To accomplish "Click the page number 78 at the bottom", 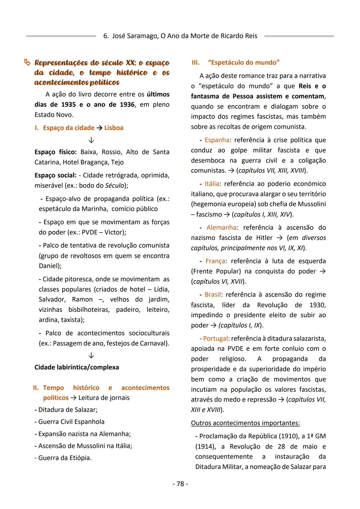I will pos(180,484).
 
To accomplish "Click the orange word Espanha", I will pos(217,140).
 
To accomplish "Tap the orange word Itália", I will pos(212,184).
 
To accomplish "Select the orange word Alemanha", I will pos(221,227).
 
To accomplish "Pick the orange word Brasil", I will pos(213,295).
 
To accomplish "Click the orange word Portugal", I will pos(215,339).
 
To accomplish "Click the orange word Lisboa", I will pos(114,128).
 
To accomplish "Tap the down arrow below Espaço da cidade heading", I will pos(91,140).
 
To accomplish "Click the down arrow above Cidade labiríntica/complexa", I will pos(91,355).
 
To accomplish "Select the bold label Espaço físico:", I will pos(56,152).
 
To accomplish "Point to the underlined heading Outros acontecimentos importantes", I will pos(245,423).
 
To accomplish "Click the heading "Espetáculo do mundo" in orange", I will pos(244,62).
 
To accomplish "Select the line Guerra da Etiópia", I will pos(63,458).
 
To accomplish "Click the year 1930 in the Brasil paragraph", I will pos(317,305).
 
